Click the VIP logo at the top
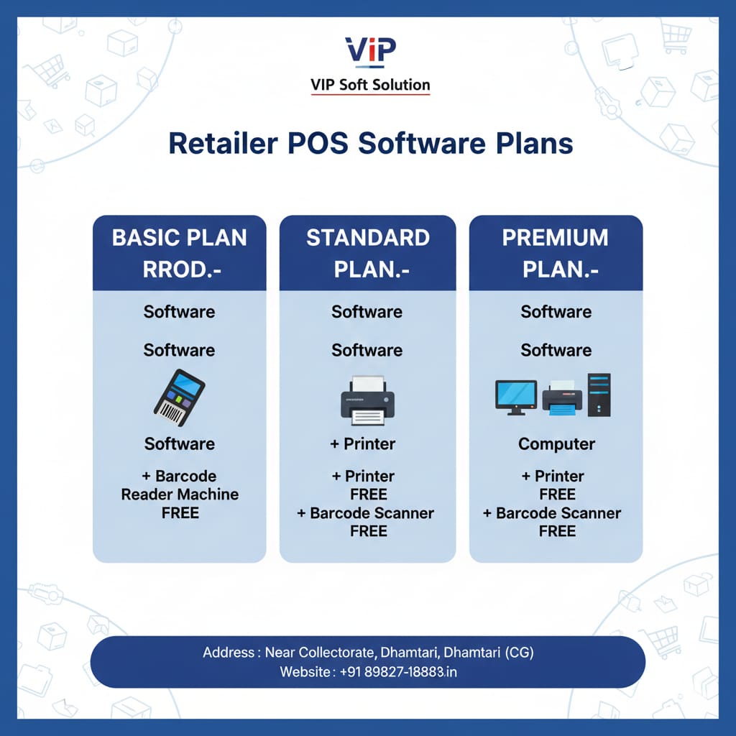coord(369,51)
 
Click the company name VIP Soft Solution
coord(369,85)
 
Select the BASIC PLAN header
coord(179,252)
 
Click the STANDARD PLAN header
coord(367,252)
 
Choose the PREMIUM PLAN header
coord(556,252)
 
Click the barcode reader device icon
coord(179,394)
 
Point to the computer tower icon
coord(598,395)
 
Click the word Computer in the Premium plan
coord(556,444)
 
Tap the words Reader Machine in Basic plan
coord(180,494)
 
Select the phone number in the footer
coord(391,672)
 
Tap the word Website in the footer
coord(305,672)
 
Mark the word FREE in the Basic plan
coord(180,513)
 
